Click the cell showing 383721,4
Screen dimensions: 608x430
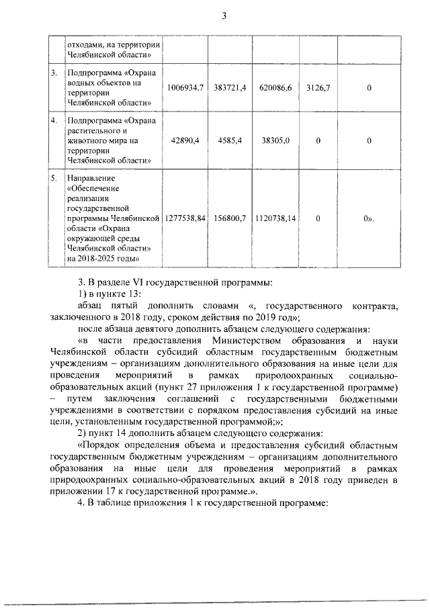point(230,88)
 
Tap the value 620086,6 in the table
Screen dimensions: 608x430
point(275,88)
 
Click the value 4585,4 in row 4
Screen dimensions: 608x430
point(230,140)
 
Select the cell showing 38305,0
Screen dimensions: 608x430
point(275,140)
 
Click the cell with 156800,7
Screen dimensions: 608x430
point(230,219)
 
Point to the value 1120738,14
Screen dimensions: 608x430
point(275,219)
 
